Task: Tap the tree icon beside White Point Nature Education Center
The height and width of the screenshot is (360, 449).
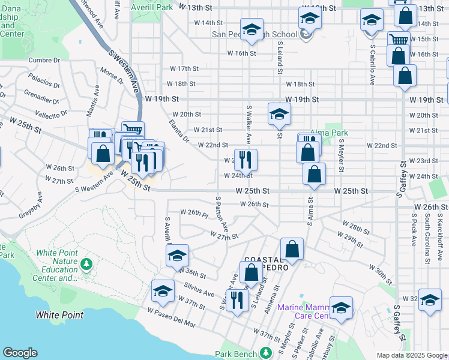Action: pos(86,263)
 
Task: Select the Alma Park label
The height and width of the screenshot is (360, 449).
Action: pos(329,133)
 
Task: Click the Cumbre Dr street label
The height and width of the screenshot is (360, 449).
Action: pos(44,60)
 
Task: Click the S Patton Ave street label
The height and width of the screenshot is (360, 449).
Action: pos(222,214)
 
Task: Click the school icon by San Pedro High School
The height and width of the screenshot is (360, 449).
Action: pos(252,29)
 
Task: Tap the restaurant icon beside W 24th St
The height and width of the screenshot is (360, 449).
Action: pos(246,159)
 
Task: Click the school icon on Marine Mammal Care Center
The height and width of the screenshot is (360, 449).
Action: pos(341,307)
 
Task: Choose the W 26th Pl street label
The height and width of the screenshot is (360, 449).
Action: pos(193,213)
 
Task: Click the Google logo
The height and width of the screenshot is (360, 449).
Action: pos(20,353)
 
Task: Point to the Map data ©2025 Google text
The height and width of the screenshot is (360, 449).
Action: pos(411,355)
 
